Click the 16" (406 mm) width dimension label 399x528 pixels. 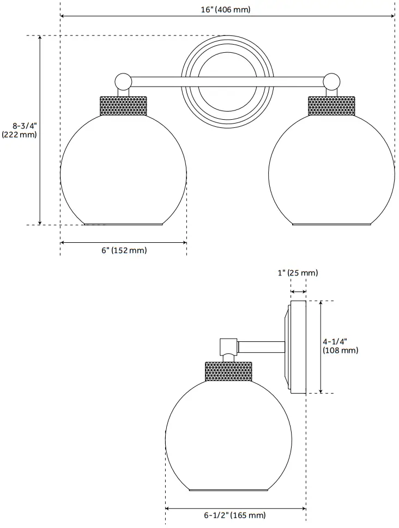(x=227, y=9)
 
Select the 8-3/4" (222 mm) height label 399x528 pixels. (x=20, y=130)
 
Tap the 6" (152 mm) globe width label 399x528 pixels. (x=124, y=250)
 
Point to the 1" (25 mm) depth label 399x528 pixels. (x=298, y=273)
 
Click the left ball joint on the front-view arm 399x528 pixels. (x=123, y=82)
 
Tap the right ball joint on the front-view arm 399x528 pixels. (x=331, y=82)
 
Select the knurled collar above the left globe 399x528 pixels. (x=124, y=106)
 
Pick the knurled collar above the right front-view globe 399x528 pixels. (x=331, y=106)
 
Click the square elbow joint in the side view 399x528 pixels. (x=228, y=346)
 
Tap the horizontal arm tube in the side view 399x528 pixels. (x=261, y=346)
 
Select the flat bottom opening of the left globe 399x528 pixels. (x=124, y=224)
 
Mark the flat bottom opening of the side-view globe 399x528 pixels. (x=229, y=490)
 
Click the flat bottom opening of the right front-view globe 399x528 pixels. (x=331, y=224)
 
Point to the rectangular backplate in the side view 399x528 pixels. (x=298, y=347)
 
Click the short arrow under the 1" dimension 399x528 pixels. (x=298, y=292)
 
